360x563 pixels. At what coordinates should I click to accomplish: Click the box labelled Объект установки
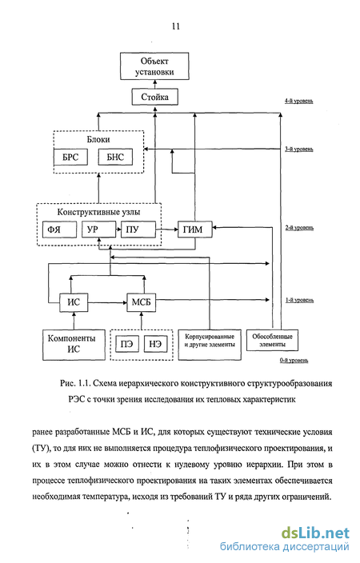tap(154, 66)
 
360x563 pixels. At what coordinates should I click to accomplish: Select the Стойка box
tap(155, 97)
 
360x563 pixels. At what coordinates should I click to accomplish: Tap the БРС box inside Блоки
tap(70, 157)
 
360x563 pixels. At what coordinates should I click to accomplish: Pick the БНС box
tap(115, 157)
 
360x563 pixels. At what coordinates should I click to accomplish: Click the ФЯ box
tap(60, 230)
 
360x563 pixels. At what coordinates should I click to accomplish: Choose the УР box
tap(99, 230)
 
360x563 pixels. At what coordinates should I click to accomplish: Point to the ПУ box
tap(138, 230)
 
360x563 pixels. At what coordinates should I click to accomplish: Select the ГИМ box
tap(195, 230)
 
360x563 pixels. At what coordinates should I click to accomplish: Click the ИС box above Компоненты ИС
tap(74, 302)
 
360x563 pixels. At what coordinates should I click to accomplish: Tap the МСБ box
tap(141, 302)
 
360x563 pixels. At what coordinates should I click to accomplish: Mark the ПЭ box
tap(127, 345)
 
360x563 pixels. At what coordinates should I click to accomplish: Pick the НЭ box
tap(155, 345)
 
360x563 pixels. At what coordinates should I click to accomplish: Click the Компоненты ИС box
tap(74, 345)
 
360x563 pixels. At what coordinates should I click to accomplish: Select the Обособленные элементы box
tap(272, 341)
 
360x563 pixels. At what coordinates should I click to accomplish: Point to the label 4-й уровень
tap(299, 102)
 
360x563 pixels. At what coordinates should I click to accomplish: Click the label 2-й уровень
tap(299, 228)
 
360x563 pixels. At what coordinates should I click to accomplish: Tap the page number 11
tap(176, 26)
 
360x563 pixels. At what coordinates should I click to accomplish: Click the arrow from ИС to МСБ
tap(107, 302)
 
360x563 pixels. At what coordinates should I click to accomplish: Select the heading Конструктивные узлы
tap(98, 212)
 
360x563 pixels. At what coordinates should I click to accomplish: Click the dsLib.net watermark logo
tap(315, 533)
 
